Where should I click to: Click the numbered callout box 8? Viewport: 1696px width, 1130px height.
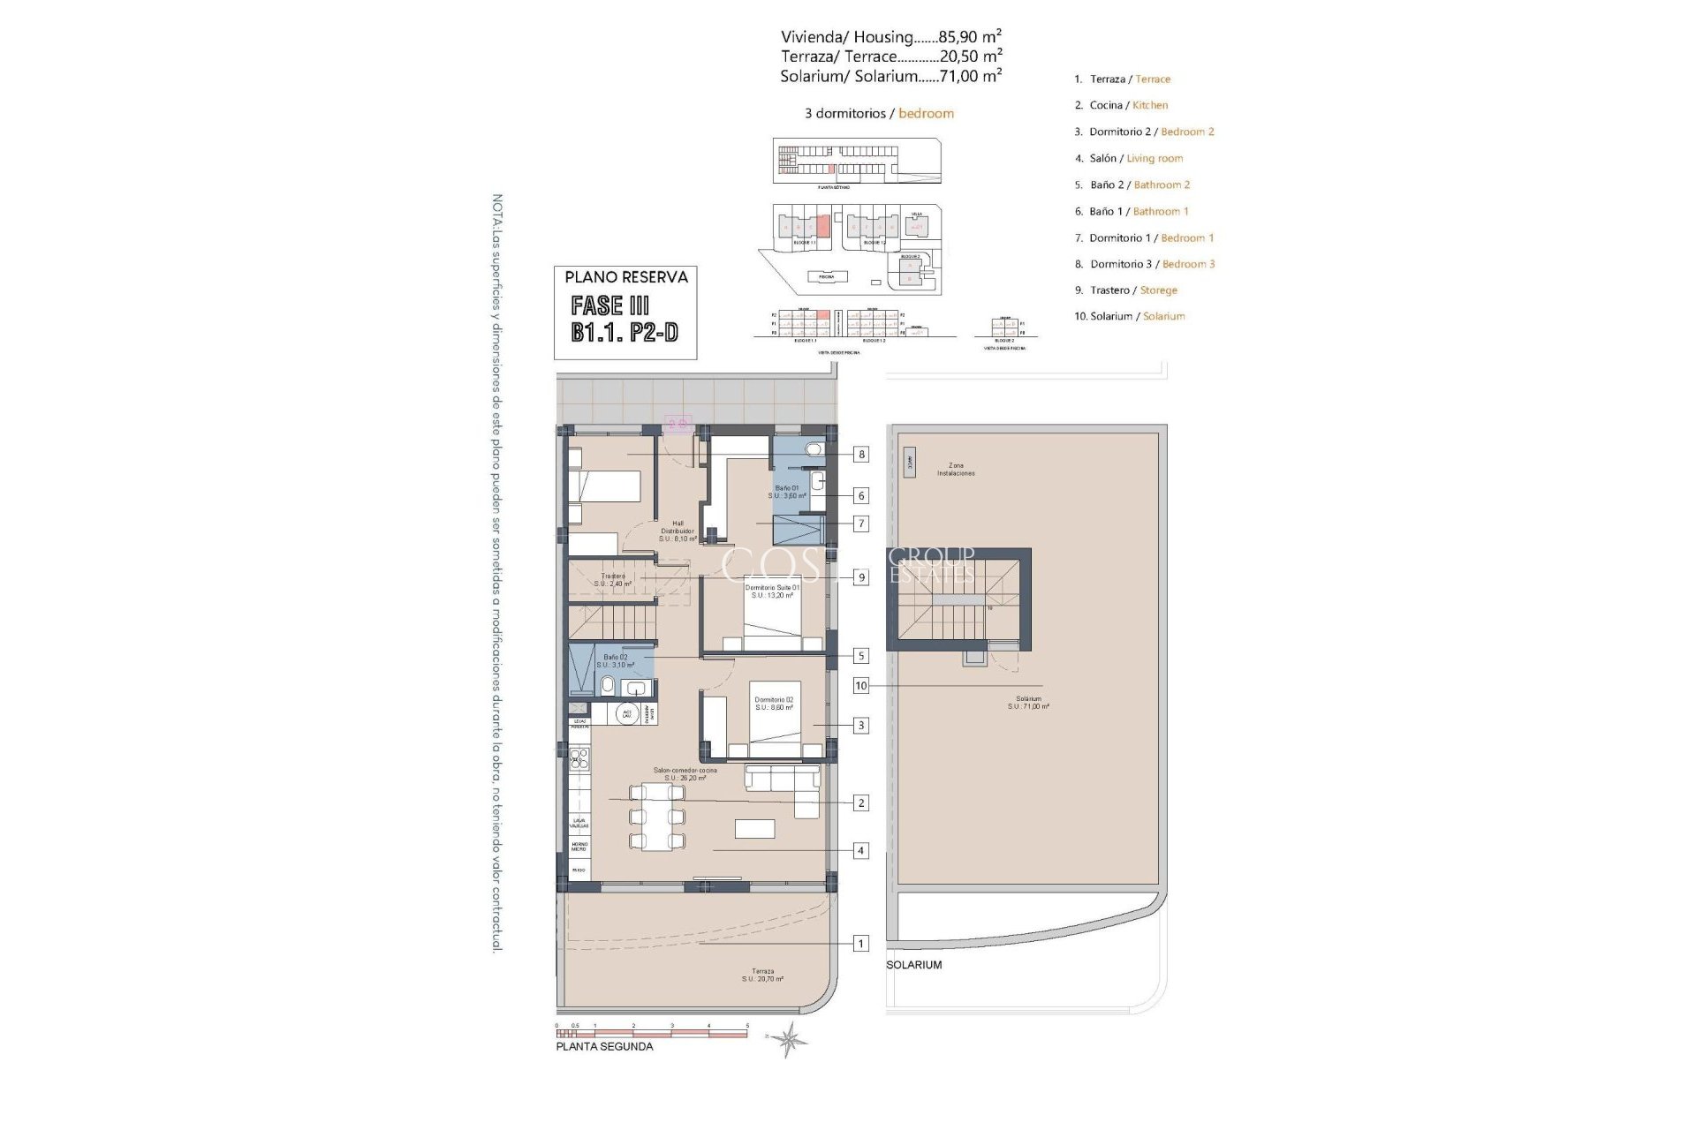(860, 455)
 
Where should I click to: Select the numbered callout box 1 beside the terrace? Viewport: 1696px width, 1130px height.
(860, 944)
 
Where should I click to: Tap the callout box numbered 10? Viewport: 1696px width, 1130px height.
(860, 686)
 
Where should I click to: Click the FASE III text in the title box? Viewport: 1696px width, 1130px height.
(610, 305)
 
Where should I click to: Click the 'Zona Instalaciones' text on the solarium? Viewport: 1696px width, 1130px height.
(956, 469)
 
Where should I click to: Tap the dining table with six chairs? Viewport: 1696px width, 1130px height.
(656, 817)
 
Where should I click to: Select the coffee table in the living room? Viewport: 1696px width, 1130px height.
(754, 828)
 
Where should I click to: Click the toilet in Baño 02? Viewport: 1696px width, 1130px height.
(608, 686)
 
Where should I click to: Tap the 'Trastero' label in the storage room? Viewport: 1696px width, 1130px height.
(612, 580)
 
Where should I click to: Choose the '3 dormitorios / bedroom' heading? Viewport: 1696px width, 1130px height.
(879, 114)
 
